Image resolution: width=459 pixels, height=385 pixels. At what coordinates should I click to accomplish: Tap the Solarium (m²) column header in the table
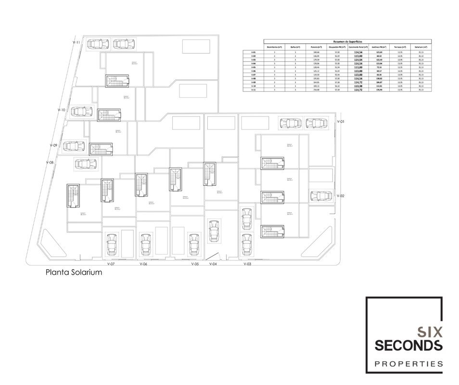pyautogui.click(x=421, y=47)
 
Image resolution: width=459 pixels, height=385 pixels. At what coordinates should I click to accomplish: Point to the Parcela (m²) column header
pyautogui.click(x=316, y=47)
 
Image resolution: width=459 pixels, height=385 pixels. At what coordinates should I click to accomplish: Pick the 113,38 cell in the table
pyautogui.click(x=357, y=86)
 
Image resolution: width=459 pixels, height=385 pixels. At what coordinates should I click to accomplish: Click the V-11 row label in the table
pyautogui.click(x=253, y=90)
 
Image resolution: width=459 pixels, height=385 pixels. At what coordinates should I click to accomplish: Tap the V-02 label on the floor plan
pyautogui.click(x=341, y=196)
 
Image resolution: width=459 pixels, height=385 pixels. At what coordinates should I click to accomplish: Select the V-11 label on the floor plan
pyautogui.click(x=76, y=43)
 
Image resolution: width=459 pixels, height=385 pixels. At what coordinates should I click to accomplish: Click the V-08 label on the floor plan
pyautogui.click(x=50, y=163)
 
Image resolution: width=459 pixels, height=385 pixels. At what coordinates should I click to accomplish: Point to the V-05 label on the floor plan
pyautogui.click(x=195, y=264)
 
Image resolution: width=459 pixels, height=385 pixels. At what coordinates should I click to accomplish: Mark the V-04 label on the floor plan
pyautogui.click(x=213, y=264)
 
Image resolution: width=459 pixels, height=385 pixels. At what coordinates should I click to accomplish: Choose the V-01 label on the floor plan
pyautogui.click(x=341, y=122)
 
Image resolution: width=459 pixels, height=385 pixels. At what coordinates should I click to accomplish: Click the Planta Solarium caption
pyautogui.click(x=74, y=272)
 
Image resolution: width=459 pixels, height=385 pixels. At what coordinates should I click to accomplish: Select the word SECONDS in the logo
pyautogui.click(x=408, y=345)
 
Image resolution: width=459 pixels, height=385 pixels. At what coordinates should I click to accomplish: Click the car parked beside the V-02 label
pyautogui.click(x=320, y=196)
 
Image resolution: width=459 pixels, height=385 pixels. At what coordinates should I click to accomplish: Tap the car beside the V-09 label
pyautogui.click(x=73, y=146)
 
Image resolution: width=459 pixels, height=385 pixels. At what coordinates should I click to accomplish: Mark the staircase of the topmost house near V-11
pyautogui.click(x=117, y=81)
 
